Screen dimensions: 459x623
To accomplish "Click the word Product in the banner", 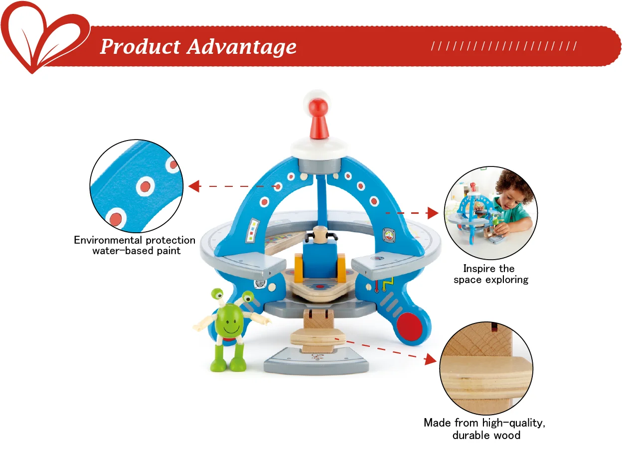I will [x=140, y=47].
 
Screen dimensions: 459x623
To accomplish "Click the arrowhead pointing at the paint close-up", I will [x=193, y=186].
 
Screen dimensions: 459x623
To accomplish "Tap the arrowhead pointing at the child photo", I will [x=432, y=213].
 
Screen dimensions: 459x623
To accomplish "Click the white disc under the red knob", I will [x=317, y=146].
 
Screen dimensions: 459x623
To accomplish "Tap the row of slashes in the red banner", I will [x=504, y=46].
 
